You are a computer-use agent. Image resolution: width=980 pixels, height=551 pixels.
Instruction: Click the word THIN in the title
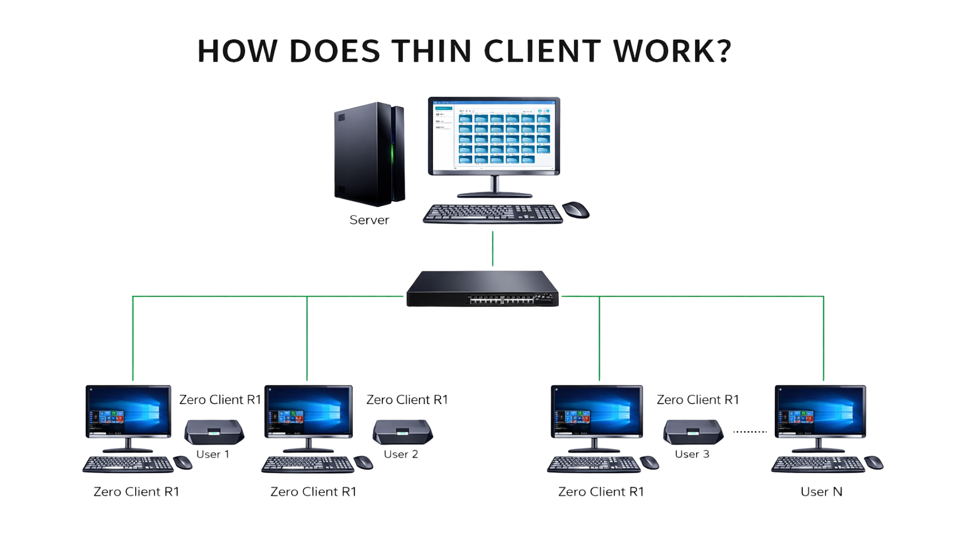[432, 52]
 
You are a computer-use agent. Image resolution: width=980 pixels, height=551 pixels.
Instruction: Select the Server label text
[369, 220]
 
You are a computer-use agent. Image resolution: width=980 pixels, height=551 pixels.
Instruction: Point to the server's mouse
[576, 210]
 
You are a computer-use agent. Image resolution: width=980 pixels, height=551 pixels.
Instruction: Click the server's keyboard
[493, 214]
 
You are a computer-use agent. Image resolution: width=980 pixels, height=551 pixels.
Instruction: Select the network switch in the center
[482, 289]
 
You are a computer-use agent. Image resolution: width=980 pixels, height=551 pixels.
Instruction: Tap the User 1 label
[213, 454]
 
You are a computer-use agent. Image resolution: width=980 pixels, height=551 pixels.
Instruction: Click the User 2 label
[401, 454]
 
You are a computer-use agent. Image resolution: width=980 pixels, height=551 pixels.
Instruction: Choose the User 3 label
[692, 454]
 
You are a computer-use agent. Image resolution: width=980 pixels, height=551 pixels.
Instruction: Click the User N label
[821, 492]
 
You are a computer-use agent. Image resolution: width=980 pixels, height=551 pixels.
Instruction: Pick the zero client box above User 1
[214, 432]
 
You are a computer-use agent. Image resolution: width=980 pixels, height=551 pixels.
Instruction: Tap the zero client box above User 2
[403, 432]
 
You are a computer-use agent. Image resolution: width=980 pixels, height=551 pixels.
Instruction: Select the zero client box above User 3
[693, 432]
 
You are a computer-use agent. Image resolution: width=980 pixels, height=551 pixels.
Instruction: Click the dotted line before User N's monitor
[750, 432]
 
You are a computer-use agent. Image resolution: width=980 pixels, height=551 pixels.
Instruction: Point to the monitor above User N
[820, 411]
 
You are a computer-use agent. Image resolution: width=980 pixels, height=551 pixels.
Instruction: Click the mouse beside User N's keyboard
[874, 463]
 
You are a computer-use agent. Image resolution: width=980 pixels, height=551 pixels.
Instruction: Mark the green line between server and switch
[493, 249]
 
